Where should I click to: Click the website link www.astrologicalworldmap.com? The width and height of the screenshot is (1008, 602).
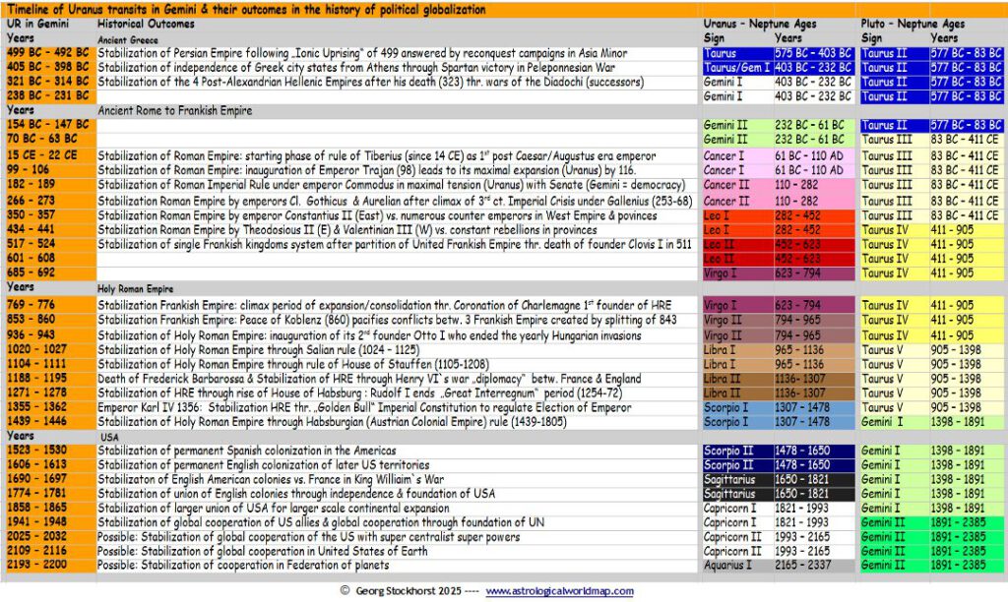pyautogui.click(x=559, y=591)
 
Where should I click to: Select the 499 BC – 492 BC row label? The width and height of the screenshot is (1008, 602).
pyautogui.click(x=47, y=52)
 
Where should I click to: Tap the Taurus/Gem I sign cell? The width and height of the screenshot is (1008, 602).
pyautogui.click(x=736, y=67)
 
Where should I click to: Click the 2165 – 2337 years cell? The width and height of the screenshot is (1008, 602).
pyautogui.click(x=812, y=565)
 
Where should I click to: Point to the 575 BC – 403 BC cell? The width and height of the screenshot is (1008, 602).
pyautogui.click(x=812, y=52)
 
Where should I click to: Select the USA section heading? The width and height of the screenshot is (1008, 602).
pyautogui.click(x=110, y=435)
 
